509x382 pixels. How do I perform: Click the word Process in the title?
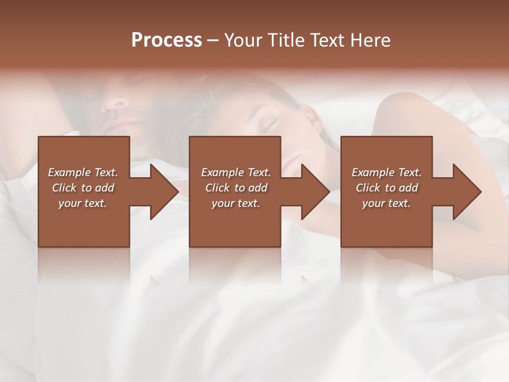(x=166, y=40)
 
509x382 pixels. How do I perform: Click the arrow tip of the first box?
(x=177, y=192)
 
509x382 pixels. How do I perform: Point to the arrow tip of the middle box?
(x=328, y=192)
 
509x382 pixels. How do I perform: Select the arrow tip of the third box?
(x=480, y=192)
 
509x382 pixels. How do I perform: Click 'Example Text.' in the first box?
(x=83, y=172)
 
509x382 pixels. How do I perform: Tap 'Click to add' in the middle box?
(x=236, y=188)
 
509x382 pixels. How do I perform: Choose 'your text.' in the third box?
(x=387, y=203)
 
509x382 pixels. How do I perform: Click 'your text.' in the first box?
(x=83, y=203)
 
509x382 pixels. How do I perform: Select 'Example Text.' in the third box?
(x=387, y=172)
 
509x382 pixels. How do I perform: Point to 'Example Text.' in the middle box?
(x=236, y=172)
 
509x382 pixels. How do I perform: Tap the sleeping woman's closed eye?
(x=269, y=126)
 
